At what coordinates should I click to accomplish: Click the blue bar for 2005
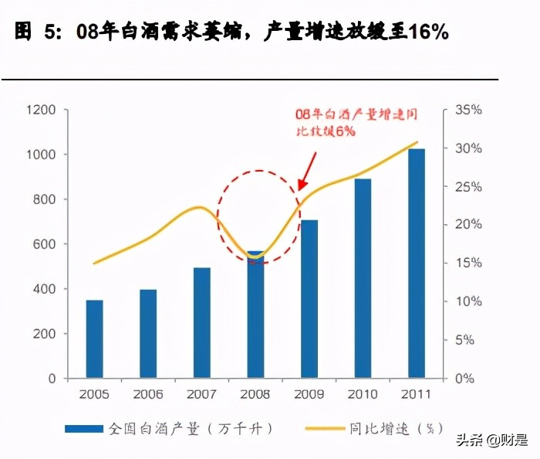point(94,338)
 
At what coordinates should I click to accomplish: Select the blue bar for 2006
point(148,334)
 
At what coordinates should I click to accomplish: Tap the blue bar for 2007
point(201,322)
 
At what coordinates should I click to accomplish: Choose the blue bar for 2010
point(363,278)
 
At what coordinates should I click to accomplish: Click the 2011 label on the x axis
point(417,394)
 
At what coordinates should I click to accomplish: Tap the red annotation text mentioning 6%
point(356,123)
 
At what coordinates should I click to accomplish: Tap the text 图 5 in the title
point(35,32)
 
